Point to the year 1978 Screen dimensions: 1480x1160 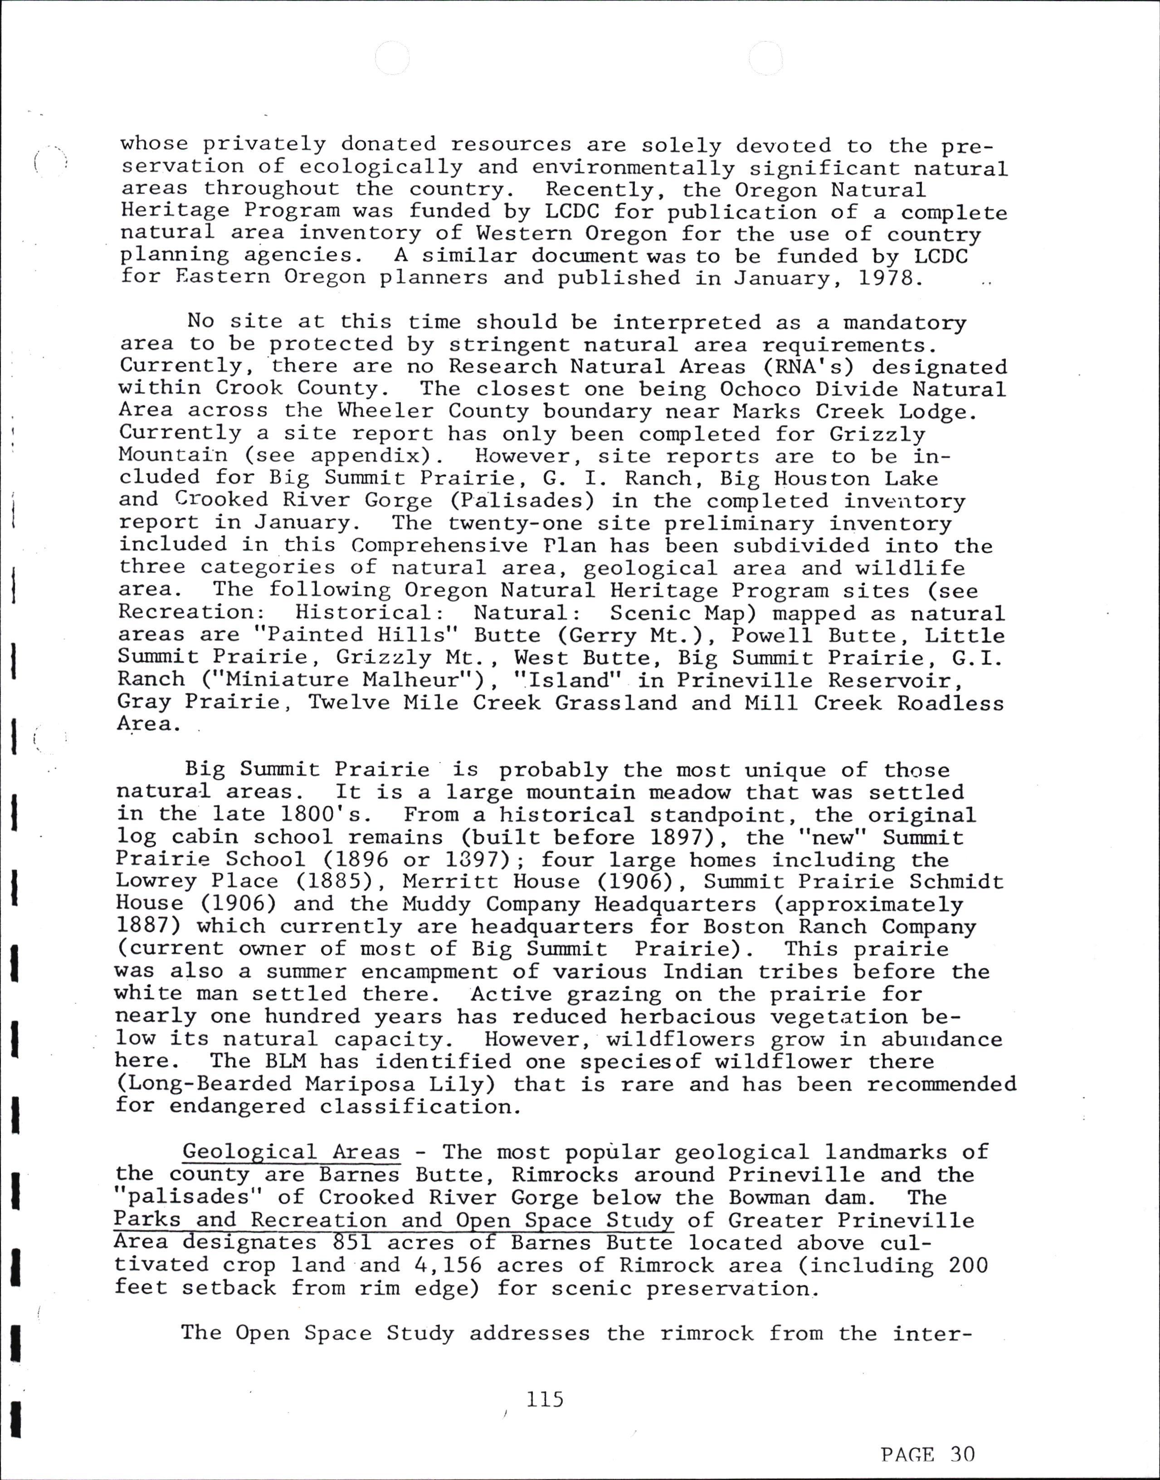pyautogui.click(x=891, y=278)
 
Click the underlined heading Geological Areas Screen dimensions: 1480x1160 pyautogui.click(x=291, y=1152)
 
